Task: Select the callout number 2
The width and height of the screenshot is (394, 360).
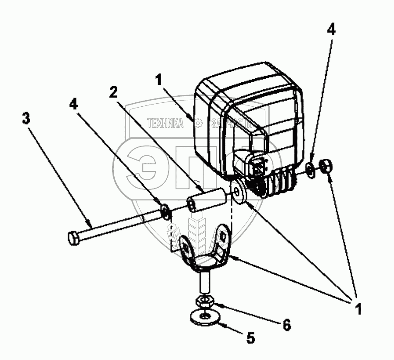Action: click(x=113, y=92)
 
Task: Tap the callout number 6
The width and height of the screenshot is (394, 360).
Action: click(x=287, y=325)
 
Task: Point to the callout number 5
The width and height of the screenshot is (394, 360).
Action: click(x=250, y=338)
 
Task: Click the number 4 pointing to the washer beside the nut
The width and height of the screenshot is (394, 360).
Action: click(x=331, y=29)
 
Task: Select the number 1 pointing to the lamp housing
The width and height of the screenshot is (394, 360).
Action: click(x=158, y=80)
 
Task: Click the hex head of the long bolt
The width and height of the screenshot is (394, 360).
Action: click(x=74, y=238)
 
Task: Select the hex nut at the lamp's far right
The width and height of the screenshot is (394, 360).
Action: click(x=325, y=167)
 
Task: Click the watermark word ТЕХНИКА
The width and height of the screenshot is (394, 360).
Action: click(x=166, y=124)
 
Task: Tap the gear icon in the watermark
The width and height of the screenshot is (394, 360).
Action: click(x=198, y=123)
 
